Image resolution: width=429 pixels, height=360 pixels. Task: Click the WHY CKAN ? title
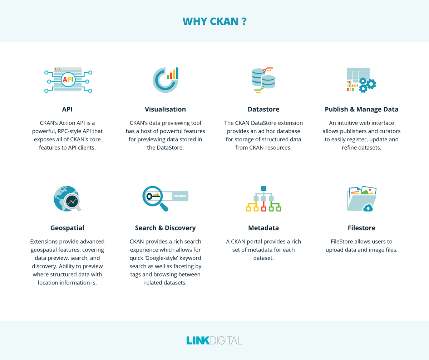(x=214, y=21)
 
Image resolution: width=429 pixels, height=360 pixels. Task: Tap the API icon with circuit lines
(x=68, y=80)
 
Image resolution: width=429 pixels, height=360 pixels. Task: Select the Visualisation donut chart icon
(x=165, y=79)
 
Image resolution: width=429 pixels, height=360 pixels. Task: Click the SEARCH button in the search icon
(x=180, y=196)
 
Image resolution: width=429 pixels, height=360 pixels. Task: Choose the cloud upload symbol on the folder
(x=368, y=207)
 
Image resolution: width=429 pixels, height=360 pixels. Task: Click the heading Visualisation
(x=165, y=109)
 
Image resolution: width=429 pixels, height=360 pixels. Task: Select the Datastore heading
(x=263, y=109)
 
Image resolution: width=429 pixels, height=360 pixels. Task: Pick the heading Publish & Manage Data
(x=361, y=109)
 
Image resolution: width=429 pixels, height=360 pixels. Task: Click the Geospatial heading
(x=68, y=228)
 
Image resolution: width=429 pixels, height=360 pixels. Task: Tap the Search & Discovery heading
(x=165, y=228)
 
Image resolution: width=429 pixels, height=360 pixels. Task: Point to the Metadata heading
(x=263, y=228)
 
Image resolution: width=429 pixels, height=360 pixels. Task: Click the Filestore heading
(x=361, y=228)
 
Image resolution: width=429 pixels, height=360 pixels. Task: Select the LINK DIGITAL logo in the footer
(x=214, y=340)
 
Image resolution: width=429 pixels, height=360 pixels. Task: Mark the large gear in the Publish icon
(x=371, y=84)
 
